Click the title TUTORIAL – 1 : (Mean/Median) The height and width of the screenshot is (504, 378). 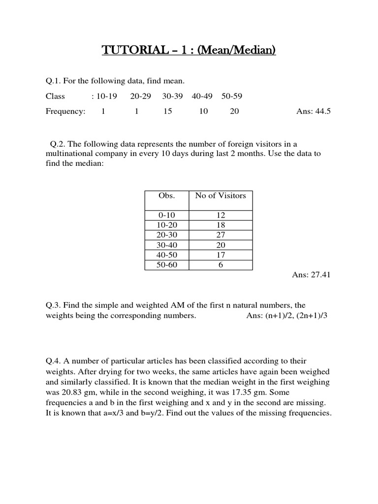(189, 50)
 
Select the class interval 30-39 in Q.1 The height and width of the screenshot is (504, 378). (172, 96)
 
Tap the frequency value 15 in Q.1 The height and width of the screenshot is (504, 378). (168, 111)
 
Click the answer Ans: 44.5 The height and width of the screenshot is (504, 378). (314, 111)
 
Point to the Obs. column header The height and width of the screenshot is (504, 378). (166, 195)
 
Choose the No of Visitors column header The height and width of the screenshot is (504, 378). (220, 195)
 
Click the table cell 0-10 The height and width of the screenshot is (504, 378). (166, 215)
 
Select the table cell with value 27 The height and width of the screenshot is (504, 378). (220, 235)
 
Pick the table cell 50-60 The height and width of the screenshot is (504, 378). (166, 265)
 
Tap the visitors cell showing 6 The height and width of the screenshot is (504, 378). (220, 265)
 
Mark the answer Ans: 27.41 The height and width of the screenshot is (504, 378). (312, 275)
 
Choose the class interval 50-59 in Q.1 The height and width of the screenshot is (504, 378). (231, 96)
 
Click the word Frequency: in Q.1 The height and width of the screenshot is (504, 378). (65, 111)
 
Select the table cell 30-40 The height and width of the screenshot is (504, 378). (166, 245)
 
